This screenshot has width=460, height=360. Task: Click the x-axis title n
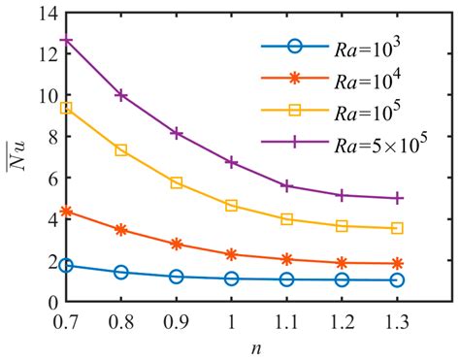(232, 345)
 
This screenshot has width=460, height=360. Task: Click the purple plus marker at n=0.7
(66, 41)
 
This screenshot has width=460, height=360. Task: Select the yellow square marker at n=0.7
(66, 108)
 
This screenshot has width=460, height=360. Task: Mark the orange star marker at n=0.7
(66, 211)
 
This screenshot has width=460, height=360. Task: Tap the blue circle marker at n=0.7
(66, 265)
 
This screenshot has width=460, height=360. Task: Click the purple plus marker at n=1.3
(398, 198)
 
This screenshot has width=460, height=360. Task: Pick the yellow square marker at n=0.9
(177, 182)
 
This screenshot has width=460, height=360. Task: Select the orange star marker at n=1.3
(398, 263)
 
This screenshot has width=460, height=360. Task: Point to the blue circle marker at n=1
(232, 278)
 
